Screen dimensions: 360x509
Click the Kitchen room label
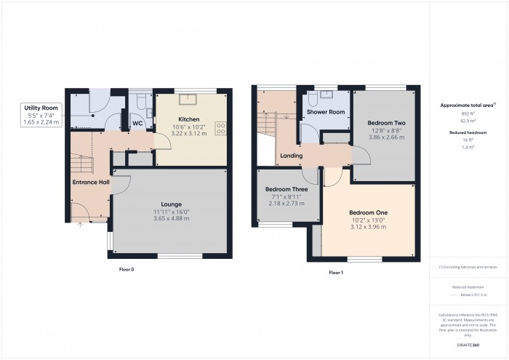click(x=189, y=118)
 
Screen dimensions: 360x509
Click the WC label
click(x=137, y=124)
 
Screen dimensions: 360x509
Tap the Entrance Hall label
click(x=90, y=181)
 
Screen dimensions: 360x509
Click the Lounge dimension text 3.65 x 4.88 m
click(x=171, y=218)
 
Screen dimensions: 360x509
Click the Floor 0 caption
click(x=127, y=269)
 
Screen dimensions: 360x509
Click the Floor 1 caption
click(x=335, y=272)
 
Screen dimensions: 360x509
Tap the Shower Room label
click(x=325, y=112)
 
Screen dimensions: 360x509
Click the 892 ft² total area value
click(x=468, y=113)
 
